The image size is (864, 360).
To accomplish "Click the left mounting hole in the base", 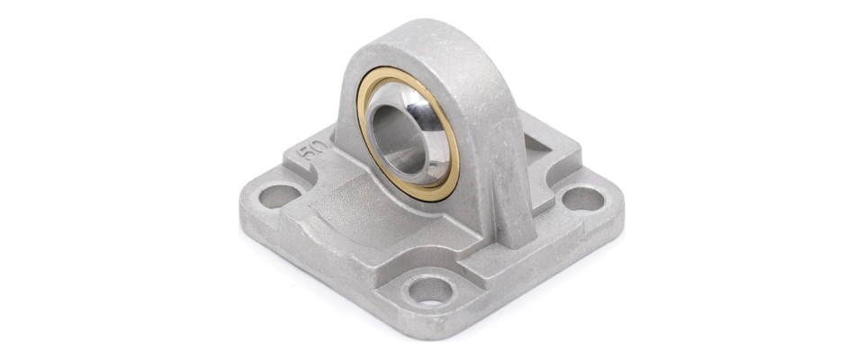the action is point(279,196).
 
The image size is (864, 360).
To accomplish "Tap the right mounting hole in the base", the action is point(583,199).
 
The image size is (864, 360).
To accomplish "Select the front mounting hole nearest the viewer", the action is point(430,290).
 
